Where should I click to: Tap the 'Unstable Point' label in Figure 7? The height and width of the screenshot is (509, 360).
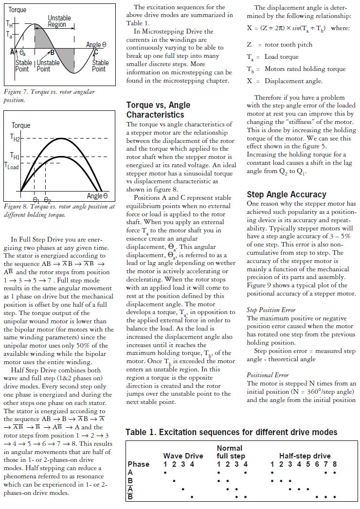pyautogui.click(x=49, y=66)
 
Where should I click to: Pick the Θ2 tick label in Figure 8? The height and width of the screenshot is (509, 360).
pyautogui.click(x=47, y=199)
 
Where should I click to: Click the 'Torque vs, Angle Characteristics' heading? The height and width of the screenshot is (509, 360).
pyautogui.click(x=158, y=109)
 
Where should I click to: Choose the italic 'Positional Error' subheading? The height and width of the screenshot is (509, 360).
pyautogui.click(x=268, y=375)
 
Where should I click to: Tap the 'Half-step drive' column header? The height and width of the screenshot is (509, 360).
pyautogui.click(x=305, y=456)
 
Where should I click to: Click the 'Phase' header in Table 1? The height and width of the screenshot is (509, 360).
pyautogui.click(x=138, y=464)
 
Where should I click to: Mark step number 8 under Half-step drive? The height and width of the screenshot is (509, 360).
pyautogui.click(x=334, y=464)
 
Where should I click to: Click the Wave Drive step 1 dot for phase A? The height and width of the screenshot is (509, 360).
pyautogui.click(x=165, y=472)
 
